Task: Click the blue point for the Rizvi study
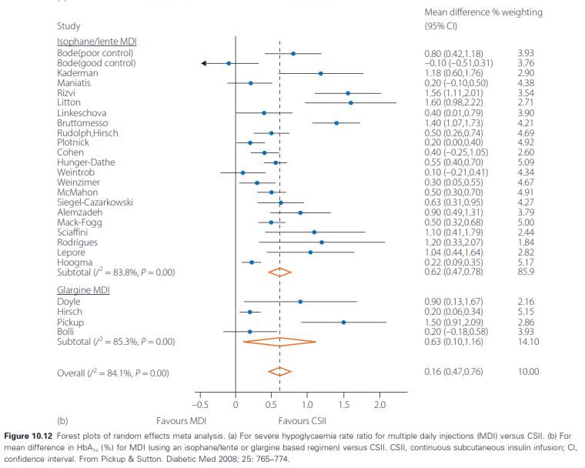pos(348,93)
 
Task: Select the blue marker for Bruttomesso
pos(336,123)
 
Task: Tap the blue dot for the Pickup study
pos(343,322)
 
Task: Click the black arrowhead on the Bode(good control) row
pos(204,63)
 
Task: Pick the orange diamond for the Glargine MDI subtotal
pos(279,342)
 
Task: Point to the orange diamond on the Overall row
pos(279,371)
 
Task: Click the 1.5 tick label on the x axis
pos(343,405)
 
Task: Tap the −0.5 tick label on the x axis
pos(200,405)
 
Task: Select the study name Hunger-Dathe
pos(85,162)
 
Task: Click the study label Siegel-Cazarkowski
pos(95,202)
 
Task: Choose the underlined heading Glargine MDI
pos(83,290)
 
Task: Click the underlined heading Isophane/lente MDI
pos(97,42)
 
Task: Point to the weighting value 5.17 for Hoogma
pos(526,262)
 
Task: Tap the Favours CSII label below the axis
pos(303,421)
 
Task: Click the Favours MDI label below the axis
pos(182,421)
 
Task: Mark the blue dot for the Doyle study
pos(300,302)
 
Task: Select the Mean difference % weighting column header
pos(483,12)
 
